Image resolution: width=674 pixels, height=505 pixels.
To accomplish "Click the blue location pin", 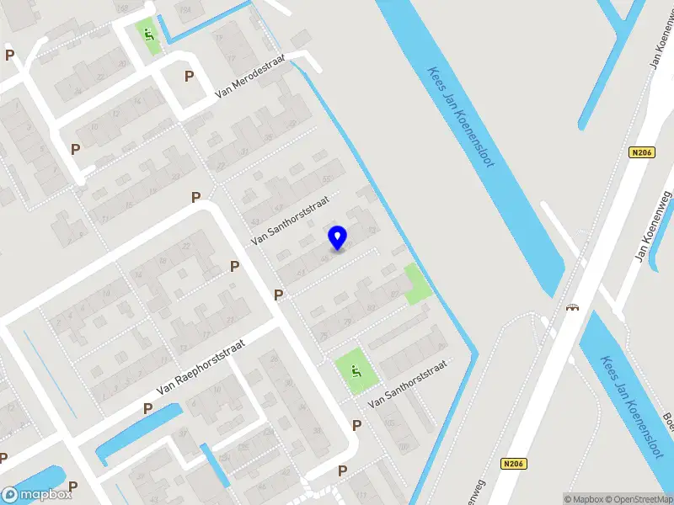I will pos(338,237).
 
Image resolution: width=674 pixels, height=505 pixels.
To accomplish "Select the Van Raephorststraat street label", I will pos(200,368).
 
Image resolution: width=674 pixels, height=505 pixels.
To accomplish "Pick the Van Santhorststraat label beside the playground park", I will pos(408,384).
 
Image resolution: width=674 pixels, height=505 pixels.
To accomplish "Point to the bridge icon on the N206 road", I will pos(574,306).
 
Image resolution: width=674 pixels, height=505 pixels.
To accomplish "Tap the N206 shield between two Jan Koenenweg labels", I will pos(641,152).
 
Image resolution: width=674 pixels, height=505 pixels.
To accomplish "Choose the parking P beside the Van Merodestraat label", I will pos(189,76).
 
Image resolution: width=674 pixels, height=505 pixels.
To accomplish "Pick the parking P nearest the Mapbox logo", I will pos(73,486).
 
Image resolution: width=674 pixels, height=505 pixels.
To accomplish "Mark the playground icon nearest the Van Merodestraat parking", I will pos(149,35).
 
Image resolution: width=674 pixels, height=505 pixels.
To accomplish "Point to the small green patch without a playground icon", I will pos(416,284).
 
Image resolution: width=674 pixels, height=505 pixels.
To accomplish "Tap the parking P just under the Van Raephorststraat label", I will pos(148,408).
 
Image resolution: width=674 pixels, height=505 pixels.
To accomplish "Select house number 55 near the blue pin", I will pos(327,179).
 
